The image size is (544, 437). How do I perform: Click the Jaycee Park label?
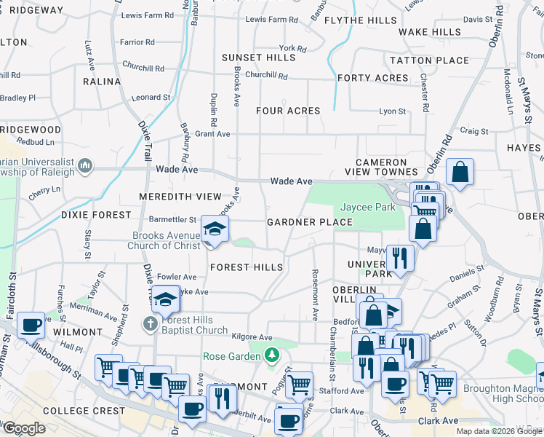tap(368, 208)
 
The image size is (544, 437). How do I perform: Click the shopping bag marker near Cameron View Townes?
tap(460, 173)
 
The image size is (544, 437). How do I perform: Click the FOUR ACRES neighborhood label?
tap(288, 111)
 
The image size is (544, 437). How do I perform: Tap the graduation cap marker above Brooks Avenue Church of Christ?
tap(215, 229)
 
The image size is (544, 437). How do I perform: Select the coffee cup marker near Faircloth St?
tap(31, 325)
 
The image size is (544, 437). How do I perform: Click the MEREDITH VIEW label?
tap(180, 197)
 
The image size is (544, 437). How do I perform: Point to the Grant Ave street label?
tap(212, 134)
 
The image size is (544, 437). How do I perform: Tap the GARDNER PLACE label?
tap(310, 222)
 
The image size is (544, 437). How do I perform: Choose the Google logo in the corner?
tap(24, 428)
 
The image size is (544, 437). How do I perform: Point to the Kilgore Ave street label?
tap(252, 338)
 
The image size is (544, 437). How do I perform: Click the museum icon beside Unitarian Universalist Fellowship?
tap(86, 167)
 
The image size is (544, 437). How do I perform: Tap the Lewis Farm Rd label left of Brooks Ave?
tap(148, 15)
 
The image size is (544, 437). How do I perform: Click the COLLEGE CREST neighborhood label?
tap(75, 411)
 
